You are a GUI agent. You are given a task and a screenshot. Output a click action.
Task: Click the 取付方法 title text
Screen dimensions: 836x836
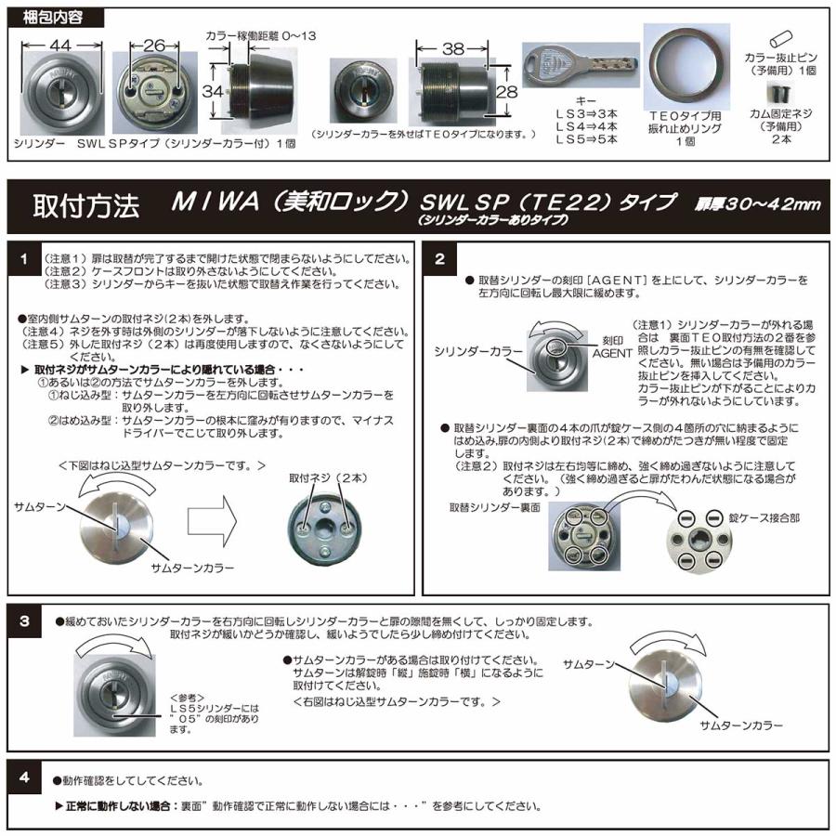[x=85, y=206]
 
